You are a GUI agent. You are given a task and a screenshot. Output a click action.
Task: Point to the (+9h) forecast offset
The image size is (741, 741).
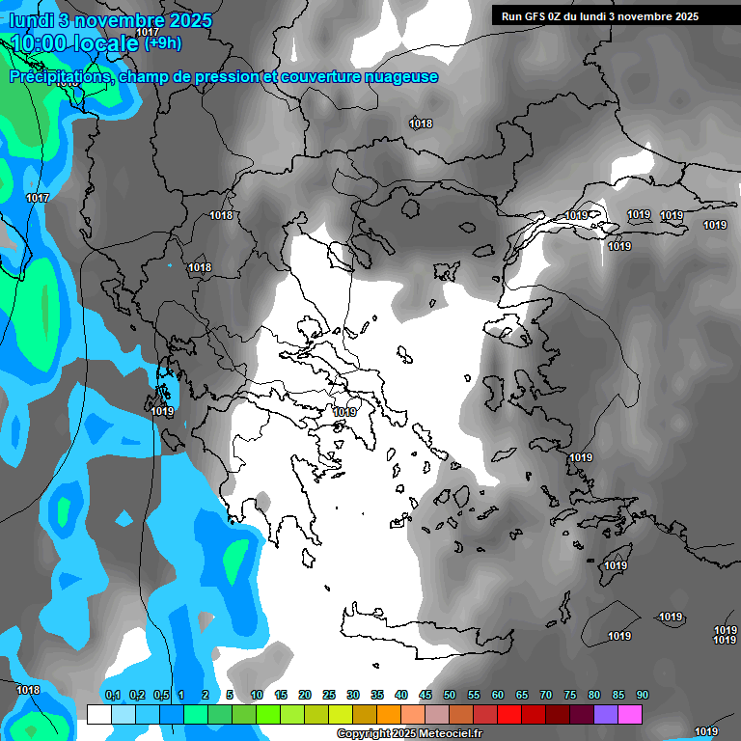click(x=162, y=42)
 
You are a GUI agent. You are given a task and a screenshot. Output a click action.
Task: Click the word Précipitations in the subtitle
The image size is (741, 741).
click(x=57, y=77)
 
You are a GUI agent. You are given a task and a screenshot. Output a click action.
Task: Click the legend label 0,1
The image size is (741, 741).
click(x=112, y=696)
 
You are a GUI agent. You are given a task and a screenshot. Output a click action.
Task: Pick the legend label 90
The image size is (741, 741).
click(x=642, y=696)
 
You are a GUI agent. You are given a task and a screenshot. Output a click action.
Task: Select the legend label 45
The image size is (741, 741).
click(x=425, y=696)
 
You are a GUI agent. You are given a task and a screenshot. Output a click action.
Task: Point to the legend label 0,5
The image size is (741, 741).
click(x=161, y=696)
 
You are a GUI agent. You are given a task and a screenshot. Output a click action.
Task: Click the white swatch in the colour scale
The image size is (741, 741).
click(x=98, y=714)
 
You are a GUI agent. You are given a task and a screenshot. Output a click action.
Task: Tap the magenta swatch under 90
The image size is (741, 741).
click(x=630, y=714)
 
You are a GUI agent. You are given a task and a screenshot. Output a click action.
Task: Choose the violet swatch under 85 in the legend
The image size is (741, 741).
click(x=606, y=714)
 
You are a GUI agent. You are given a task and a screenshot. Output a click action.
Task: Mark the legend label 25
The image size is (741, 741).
click(x=329, y=696)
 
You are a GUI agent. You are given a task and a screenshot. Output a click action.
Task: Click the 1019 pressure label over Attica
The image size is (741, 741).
click(x=344, y=412)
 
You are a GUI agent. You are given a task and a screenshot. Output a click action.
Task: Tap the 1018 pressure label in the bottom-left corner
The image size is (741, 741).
click(x=28, y=690)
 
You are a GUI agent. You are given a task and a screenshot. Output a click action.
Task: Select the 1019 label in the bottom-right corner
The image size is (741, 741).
click(x=706, y=731)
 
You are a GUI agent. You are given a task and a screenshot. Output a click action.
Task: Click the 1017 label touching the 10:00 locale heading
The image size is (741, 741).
click(x=148, y=33)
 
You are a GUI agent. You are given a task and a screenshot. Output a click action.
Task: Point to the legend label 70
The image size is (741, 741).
click(x=546, y=696)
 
